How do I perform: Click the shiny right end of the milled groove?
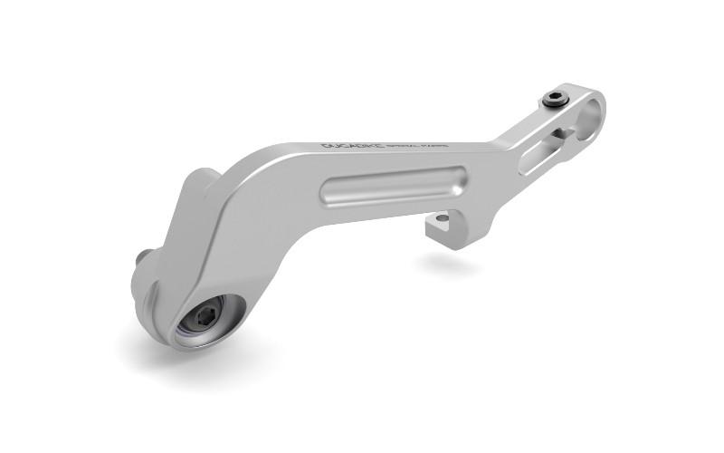(x=459, y=176)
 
